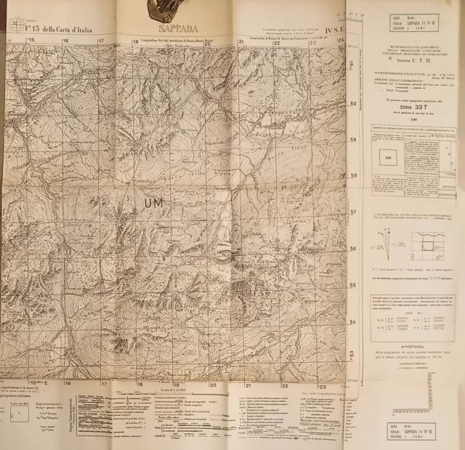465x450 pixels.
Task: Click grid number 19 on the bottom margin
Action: tap(176, 385)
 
